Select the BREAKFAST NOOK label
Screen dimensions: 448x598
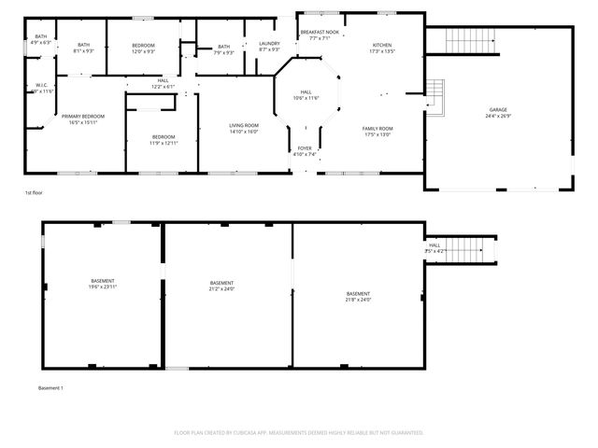[320, 33]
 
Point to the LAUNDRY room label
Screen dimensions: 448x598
[269, 43]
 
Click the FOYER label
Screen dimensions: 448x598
[306, 147]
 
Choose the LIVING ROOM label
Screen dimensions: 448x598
[244, 125]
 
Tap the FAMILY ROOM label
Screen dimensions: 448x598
[378, 128]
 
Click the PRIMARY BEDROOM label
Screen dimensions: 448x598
[83, 116]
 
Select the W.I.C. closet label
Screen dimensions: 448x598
[41, 85]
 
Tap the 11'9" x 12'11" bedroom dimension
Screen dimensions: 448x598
[164, 143]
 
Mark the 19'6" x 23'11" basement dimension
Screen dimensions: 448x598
[103, 287]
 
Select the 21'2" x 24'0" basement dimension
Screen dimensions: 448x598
[221, 287]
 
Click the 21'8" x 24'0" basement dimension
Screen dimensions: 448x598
[358, 300]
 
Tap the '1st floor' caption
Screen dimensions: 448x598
[35, 193]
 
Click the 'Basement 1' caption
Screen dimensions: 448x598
[50, 387]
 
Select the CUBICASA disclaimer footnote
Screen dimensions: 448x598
[299, 432]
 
